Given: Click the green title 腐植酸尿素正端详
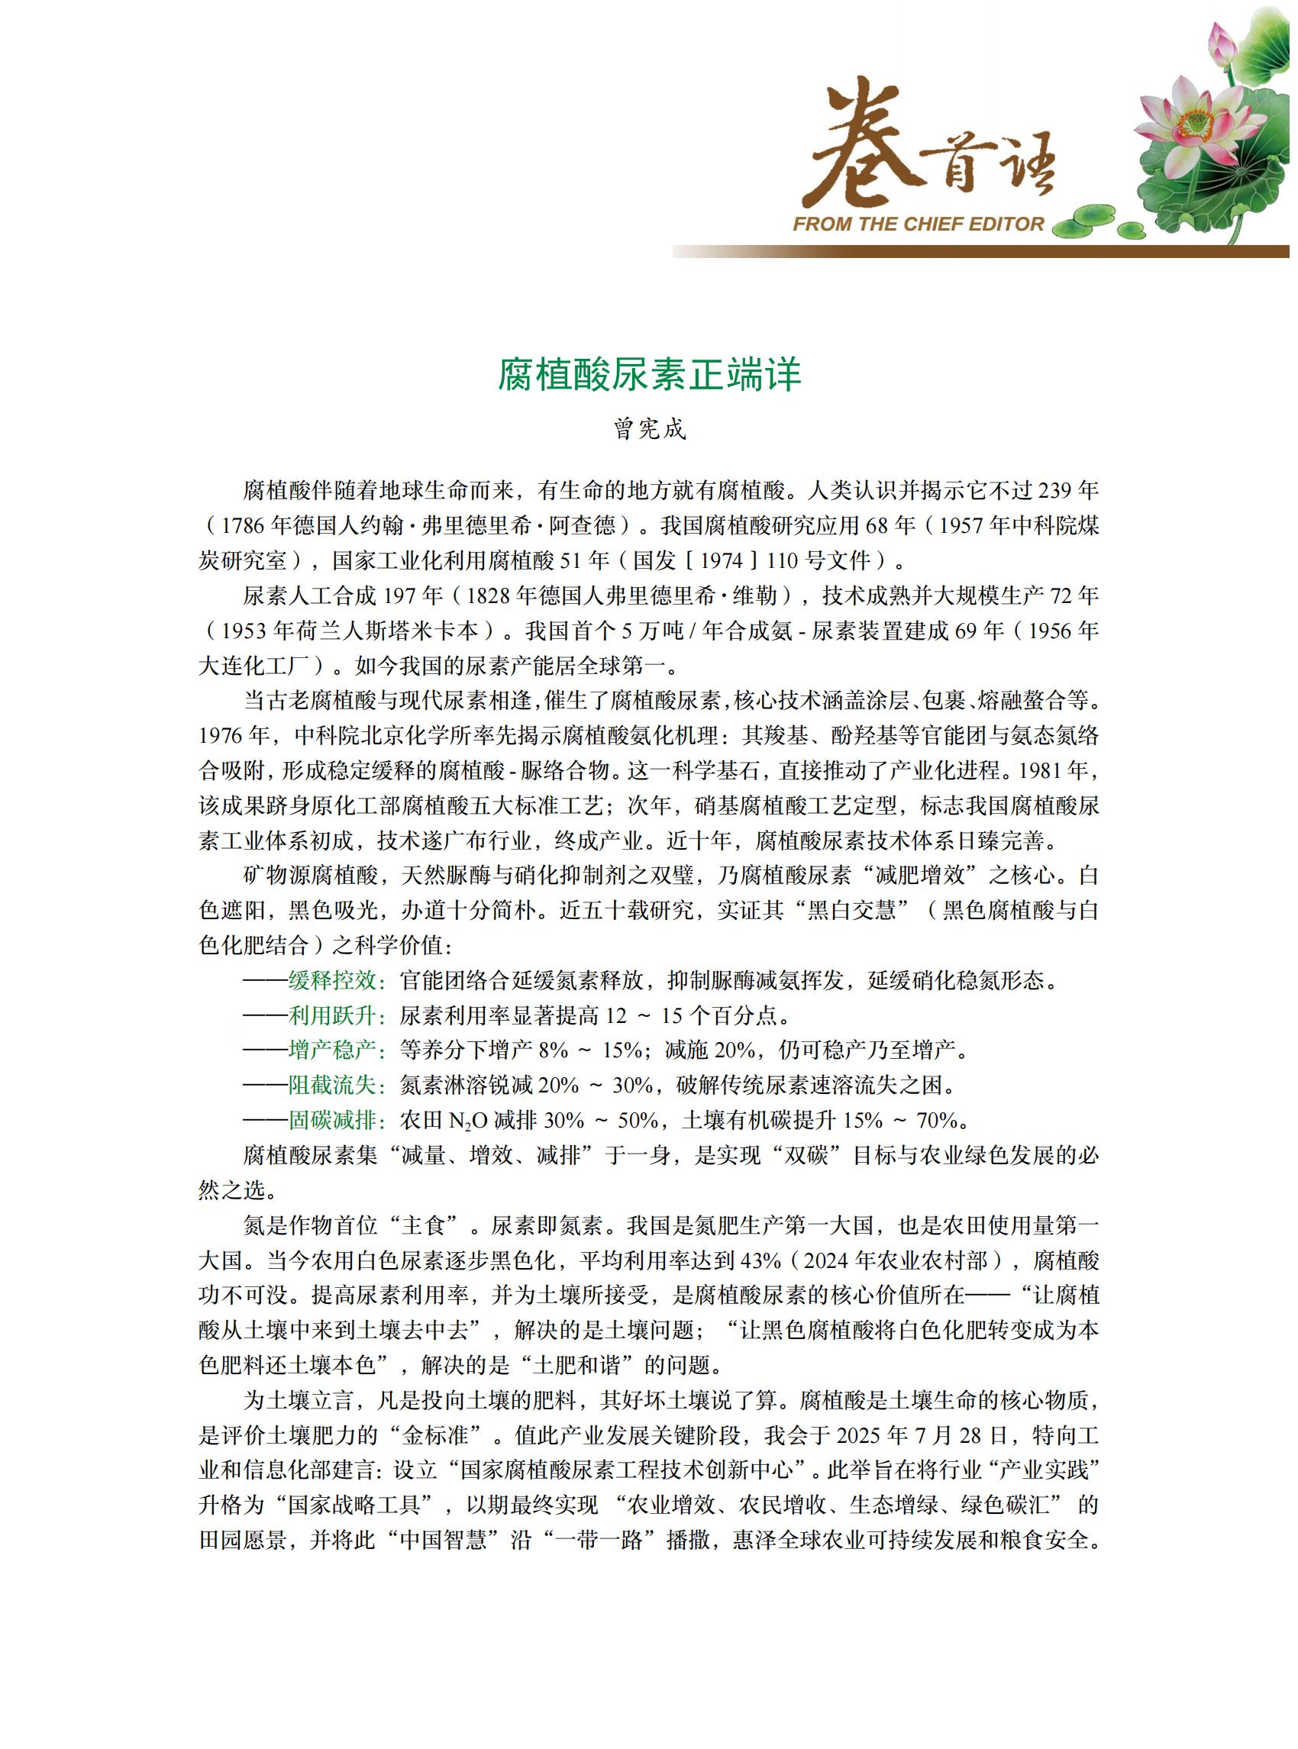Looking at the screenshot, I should pos(649,375).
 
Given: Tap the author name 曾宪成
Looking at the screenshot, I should pos(649,429).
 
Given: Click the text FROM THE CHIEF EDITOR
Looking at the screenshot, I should pos(918,224).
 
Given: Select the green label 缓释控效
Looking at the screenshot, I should pos(333,980).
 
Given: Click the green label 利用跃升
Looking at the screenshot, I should pos(333,1016).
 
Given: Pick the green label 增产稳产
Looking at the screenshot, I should pos(333,1050).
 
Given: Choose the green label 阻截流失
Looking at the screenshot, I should pos(333,1086).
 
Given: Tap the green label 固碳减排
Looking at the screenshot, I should pos(333,1121).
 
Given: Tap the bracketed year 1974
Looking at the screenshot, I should pos(721,561).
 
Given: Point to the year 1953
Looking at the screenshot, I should pos(244,631).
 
